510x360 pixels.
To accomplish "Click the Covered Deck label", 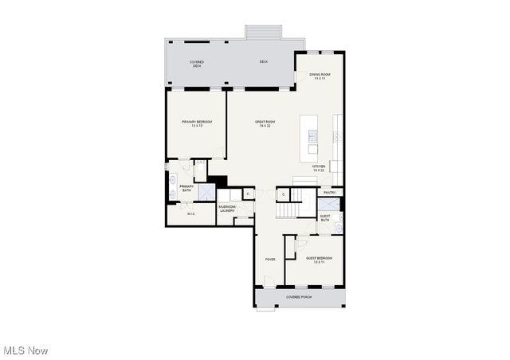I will [196, 64].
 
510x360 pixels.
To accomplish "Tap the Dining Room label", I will [320, 76].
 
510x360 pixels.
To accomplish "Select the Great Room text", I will [263, 123].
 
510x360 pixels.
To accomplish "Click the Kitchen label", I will [319, 168].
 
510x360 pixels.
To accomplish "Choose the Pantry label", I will [329, 192].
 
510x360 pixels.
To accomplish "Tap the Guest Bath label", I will [325, 217].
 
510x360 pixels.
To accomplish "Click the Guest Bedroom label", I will [320, 260].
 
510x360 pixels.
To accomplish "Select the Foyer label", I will [270, 260].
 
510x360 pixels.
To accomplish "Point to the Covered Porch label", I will [299, 297].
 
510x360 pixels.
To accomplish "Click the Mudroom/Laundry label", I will [227, 209].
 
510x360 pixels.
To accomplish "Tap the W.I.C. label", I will [191, 213].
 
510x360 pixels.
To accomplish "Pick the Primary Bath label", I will [186, 189].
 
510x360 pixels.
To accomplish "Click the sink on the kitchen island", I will [313, 135].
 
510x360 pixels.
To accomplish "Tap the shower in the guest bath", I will [329, 203].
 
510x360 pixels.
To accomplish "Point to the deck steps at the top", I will [264, 32].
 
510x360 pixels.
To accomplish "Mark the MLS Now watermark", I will [25, 350].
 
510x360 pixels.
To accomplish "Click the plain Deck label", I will [263, 62].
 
